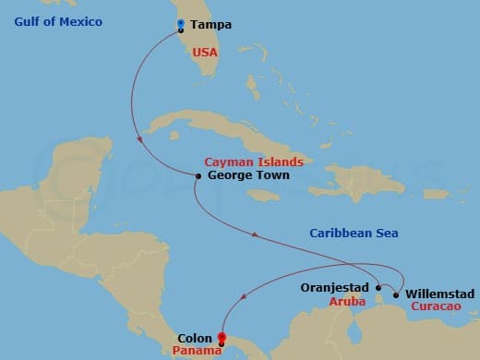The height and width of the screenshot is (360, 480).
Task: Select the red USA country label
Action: [x=206, y=54]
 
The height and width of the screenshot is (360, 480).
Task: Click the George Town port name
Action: [x=248, y=174]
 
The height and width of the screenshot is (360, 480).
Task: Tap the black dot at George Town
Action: [x=198, y=175]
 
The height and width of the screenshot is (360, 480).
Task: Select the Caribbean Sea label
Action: [x=353, y=234]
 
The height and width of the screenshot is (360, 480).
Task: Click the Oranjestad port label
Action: [x=335, y=287]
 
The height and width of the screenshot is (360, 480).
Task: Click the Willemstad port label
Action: [x=440, y=294]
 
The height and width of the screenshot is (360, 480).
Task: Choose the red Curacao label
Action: [x=432, y=307]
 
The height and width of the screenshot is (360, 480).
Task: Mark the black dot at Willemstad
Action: [x=396, y=295]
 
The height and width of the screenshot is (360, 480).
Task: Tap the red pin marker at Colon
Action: [x=221, y=339]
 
